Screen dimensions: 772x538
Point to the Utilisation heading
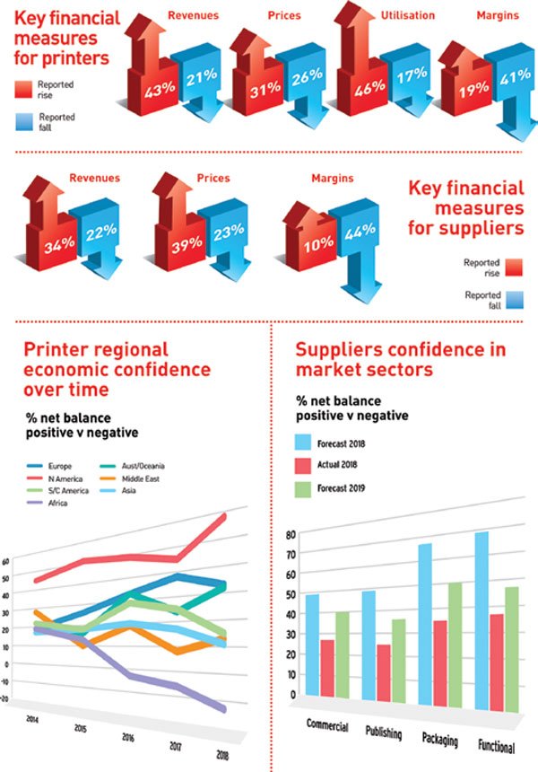(409, 15)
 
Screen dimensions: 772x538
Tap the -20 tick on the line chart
(8, 697)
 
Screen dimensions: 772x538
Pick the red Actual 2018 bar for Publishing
(384, 673)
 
